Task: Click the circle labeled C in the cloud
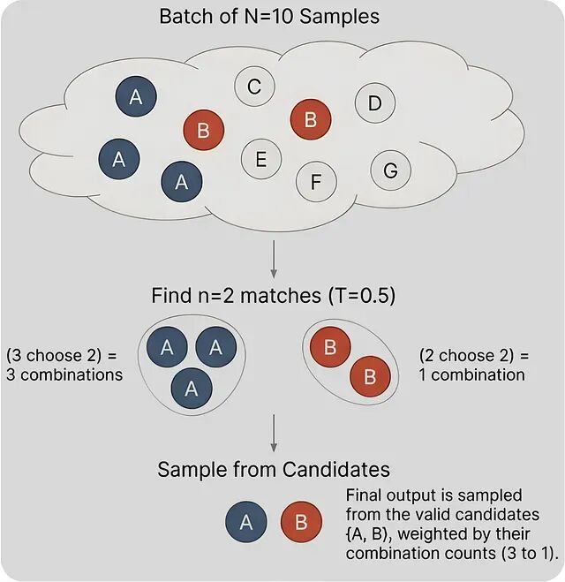click(x=253, y=87)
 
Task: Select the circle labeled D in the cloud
click(x=374, y=104)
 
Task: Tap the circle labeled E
click(x=260, y=160)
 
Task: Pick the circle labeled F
click(x=315, y=182)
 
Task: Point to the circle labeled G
click(x=390, y=170)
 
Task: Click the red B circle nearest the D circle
click(x=310, y=119)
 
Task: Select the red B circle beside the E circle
click(x=203, y=132)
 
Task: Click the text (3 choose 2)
click(x=63, y=356)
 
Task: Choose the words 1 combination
click(x=471, y=374)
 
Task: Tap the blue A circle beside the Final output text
click(x=245, y=522)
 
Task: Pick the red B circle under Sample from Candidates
click(x=301, y=522)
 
